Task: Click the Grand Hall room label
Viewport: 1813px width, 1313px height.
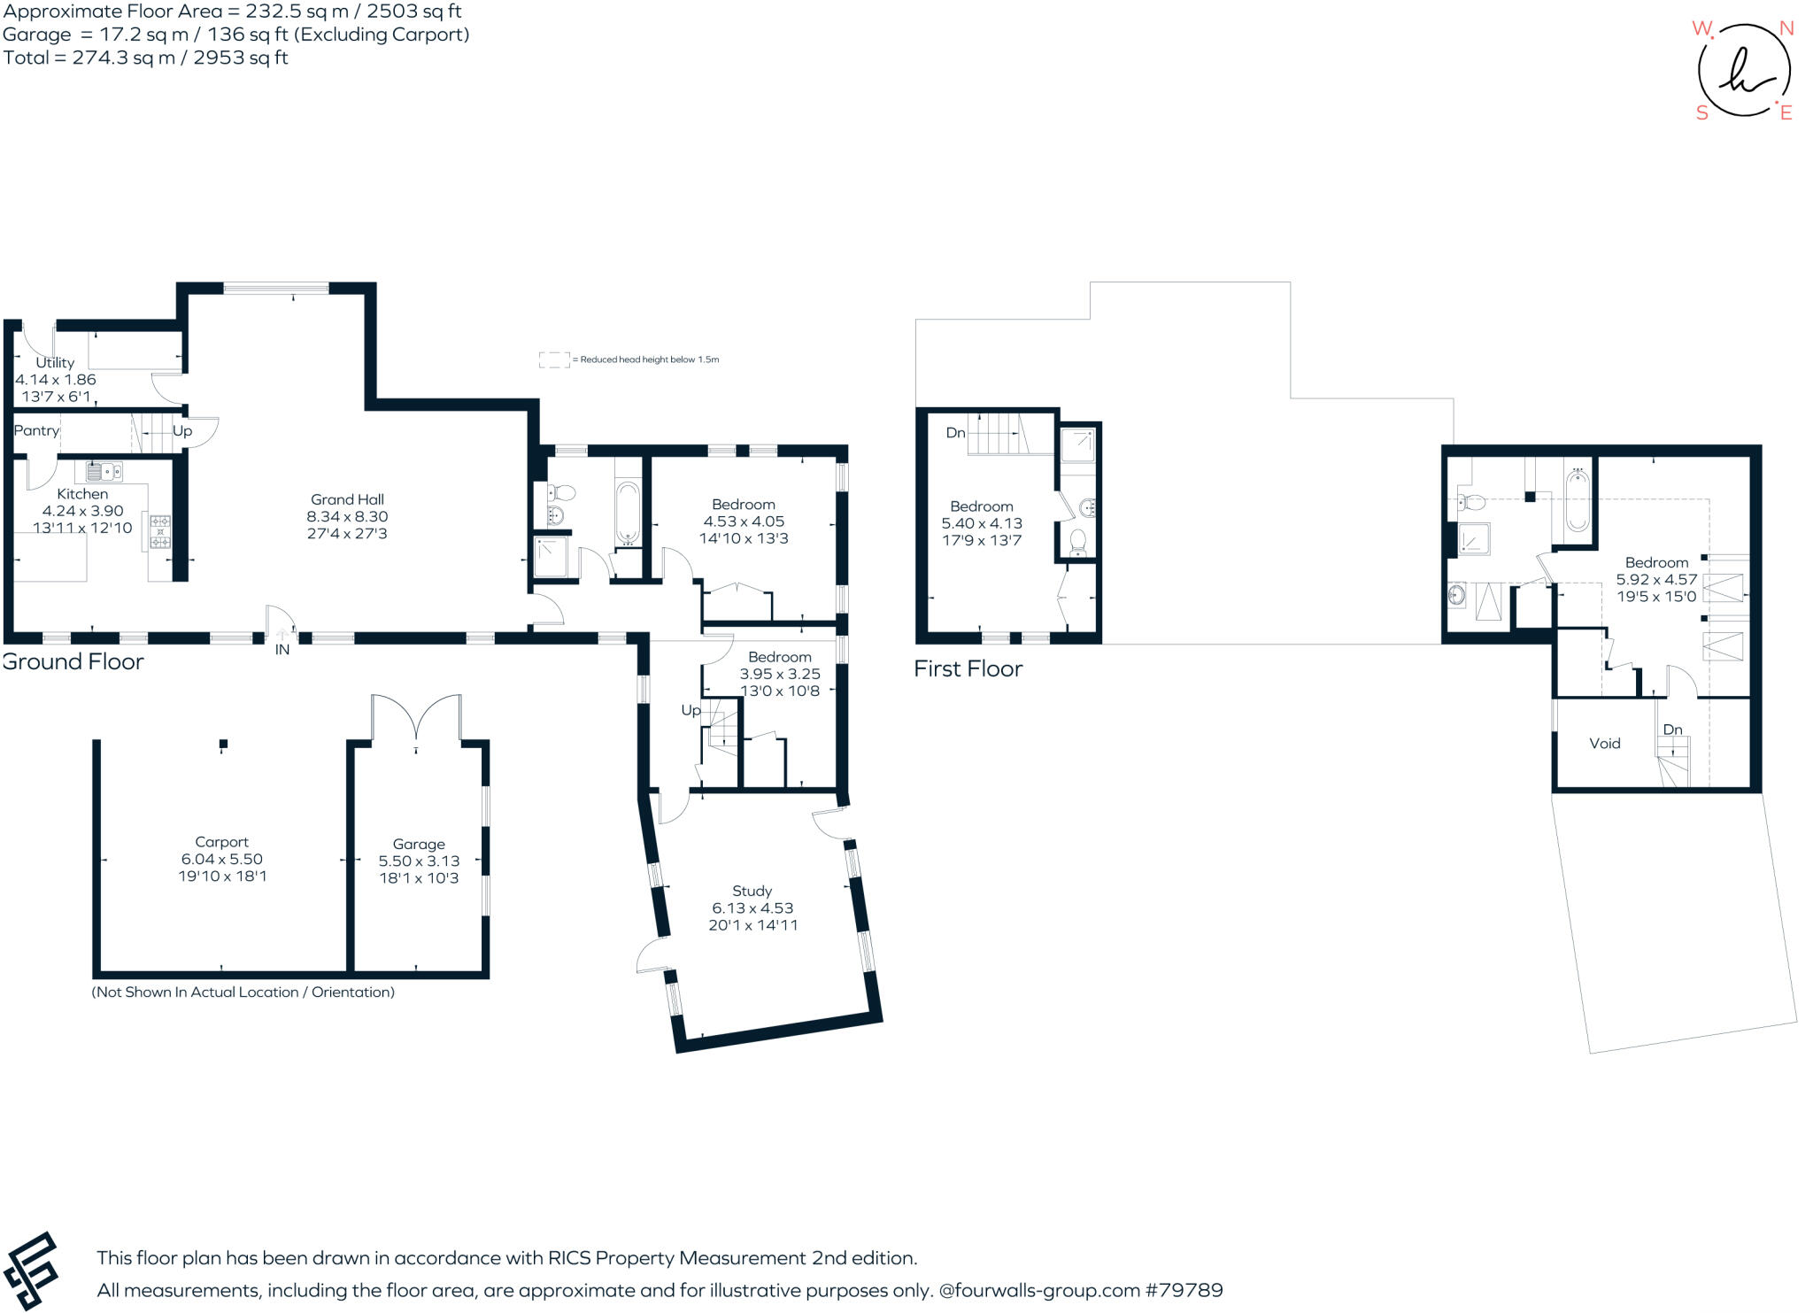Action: click(347, 499)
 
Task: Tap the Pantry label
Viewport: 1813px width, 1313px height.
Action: click(36, 431)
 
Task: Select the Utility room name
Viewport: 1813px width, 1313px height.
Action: click(55, 362)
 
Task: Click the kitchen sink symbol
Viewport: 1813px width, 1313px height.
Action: click(104, 471)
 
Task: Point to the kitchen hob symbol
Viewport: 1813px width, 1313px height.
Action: click(160, 531)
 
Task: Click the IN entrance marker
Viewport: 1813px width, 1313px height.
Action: click(282, 650)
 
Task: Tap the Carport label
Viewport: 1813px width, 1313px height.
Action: click(221, 842)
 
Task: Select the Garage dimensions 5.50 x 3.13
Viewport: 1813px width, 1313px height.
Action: click(419, 861)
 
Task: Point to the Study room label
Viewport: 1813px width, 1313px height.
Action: click(752, 891)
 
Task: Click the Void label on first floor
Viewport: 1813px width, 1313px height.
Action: click(1604, 744)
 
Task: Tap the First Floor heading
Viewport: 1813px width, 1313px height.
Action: click(968, 669)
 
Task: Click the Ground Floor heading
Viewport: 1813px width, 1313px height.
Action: click(73, 662)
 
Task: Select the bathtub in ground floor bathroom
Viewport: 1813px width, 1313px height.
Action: click(627, 513)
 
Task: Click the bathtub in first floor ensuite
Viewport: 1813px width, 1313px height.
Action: click(1578, 500)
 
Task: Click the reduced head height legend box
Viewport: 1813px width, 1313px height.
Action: click(554, 359)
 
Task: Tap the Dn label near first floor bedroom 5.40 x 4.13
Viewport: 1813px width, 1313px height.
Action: click(955, 433)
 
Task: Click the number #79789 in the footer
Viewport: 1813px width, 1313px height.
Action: click(1184, 1290)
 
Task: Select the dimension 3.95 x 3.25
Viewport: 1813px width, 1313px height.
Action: click(780, 674)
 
